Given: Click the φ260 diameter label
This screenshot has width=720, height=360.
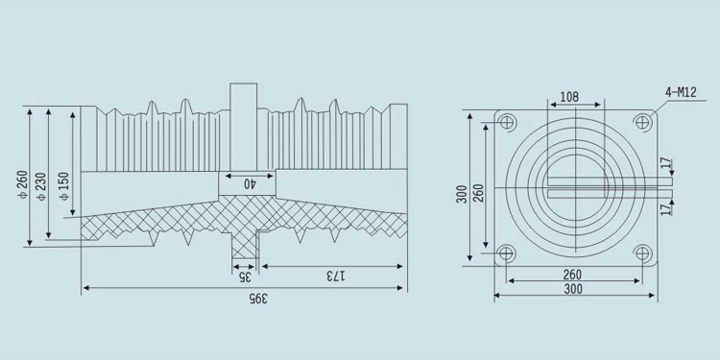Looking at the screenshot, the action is tap(23, 184).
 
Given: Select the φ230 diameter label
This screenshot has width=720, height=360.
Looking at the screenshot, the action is tap(42, 185).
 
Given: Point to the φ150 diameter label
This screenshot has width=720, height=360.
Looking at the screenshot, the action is tap(64, 185).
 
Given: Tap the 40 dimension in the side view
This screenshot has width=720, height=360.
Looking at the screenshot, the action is tap(250, 183).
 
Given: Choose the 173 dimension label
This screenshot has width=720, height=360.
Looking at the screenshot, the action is tap(337, 276).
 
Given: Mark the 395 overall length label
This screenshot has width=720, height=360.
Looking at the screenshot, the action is tap(258, 299).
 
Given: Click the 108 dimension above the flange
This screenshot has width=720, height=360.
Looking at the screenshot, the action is tap(569, 97).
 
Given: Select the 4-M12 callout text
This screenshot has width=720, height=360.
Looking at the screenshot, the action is tap(681, 92).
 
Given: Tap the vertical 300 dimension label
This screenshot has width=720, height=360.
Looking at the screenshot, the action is tap(462, 194).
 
